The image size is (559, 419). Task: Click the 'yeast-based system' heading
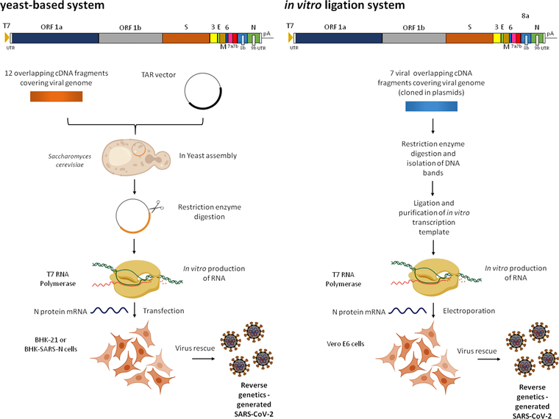pos(52,7)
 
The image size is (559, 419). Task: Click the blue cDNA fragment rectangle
pos(432,107)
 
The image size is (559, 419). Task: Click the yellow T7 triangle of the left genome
pos(7,37)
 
